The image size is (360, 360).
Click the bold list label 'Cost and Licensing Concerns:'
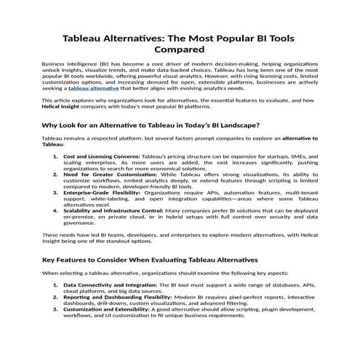point(101,156)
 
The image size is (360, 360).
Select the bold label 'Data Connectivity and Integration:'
point(110,285)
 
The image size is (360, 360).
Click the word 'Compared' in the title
point(180,50)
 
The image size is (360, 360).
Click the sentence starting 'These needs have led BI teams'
point(175,236)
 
